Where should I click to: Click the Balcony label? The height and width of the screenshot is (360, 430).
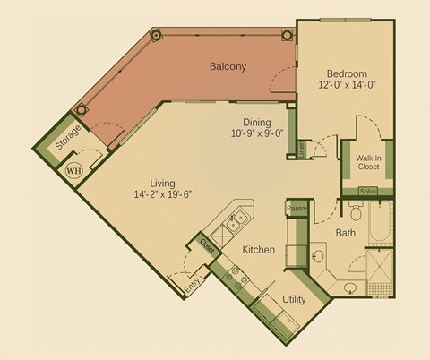228,66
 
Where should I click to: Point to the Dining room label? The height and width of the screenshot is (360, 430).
257,123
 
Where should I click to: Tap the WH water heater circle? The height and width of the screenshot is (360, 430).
72,167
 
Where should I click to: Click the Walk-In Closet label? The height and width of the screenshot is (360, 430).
364,162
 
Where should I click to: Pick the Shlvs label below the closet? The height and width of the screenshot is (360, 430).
368,191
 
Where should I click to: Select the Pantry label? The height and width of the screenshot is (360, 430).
297,208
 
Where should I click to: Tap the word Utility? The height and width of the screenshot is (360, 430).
295,300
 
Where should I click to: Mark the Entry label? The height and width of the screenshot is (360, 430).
193,286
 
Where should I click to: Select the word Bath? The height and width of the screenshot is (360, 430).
346,234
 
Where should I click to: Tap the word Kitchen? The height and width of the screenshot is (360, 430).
257,250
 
